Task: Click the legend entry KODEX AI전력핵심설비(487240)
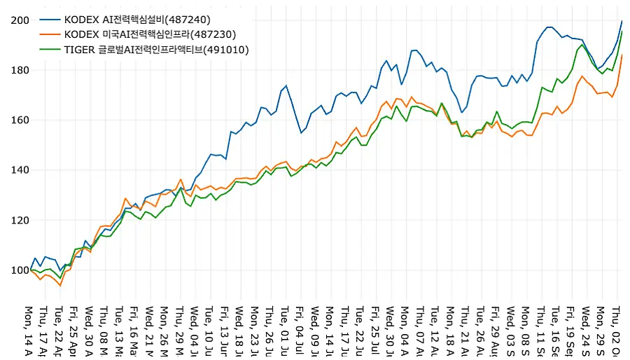click(137, 19)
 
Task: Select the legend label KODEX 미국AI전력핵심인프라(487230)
click(150, 34)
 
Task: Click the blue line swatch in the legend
click(48, 19)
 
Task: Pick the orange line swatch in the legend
click(48, 34)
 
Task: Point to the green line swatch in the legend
click(48, 49)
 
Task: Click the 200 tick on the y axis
click(20, 20)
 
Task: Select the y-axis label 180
click(20, 70)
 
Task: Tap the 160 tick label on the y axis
click(20, 120)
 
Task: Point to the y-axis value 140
click(20, 170)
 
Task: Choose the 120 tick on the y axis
click(20, 221)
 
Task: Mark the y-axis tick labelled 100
click(20, 270)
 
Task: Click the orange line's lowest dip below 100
click(60, 286)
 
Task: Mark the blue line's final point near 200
click(622, 21)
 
